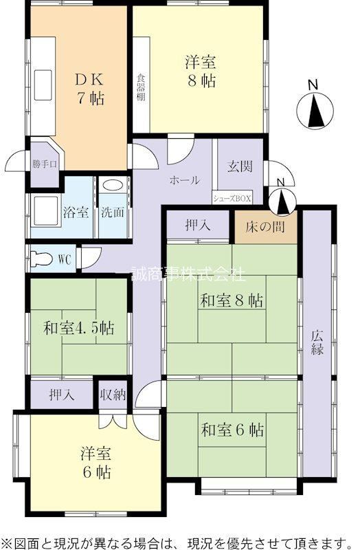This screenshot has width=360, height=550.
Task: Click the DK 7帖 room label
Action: click(x=90, y=89)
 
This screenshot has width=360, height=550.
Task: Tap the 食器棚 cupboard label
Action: click(x=141, y=87)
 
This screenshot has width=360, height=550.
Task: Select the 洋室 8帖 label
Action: click(x=201, y=72)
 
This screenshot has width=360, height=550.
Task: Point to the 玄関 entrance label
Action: click(x=240, y=166)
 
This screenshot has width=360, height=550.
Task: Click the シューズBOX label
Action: click(x=232, y=199)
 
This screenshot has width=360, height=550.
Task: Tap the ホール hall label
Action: click(x=185, y=180)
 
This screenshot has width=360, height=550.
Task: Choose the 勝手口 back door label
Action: click(x=45, y=164)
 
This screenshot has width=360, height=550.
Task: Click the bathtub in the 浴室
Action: click(x=45, y=212)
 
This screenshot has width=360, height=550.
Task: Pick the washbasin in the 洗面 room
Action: click(x=113, y=186)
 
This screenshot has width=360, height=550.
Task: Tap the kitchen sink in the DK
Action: click(x=43, y=85)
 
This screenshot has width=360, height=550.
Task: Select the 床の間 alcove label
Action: click(x=265, y=228)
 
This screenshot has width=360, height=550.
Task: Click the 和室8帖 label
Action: click(x=232, y=300)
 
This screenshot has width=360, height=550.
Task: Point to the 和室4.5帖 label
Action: click(x=78, y=329)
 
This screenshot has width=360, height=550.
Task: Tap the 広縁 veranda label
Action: click(x=317, y=342)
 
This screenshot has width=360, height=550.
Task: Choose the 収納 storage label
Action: click(x=113, y=395)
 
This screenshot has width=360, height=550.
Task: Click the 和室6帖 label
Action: click(x=232, y=430)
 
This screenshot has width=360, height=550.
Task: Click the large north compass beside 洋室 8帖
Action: click(x=315, y=109)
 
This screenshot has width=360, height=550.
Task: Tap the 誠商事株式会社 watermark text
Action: click(x=188, y=274)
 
